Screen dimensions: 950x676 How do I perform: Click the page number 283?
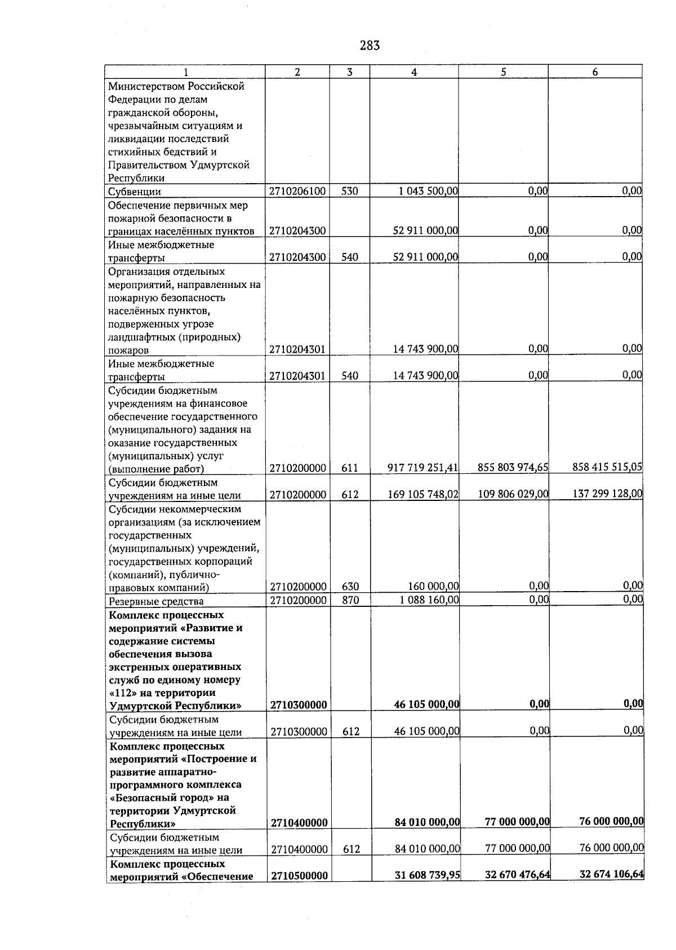(x=370, y=46)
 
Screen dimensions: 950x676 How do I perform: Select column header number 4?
(x=414, y=72)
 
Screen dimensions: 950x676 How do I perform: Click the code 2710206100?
(x=297, y=192)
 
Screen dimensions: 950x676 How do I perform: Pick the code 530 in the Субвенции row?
(x=349, y=192)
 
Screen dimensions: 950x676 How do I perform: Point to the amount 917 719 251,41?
(x=423, y=468)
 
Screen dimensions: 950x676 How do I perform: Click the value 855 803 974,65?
(x=513, y=467)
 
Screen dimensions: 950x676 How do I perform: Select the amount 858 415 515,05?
(x=607, y=467)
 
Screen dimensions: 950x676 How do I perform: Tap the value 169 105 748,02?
(x=423, y=494)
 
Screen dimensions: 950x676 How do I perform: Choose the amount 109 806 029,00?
(x=513, y=494)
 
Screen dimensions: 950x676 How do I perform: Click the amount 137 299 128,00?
(x=607, y=493)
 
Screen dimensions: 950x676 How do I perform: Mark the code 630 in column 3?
(x=350, y=587)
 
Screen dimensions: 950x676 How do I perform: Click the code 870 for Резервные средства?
(x=350, y=600)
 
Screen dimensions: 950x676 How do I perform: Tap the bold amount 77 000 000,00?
(x=517, y=822)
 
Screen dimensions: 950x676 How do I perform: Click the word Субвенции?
(x=135, y=192)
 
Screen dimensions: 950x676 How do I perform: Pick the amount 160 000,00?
(x=433, y=587)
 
